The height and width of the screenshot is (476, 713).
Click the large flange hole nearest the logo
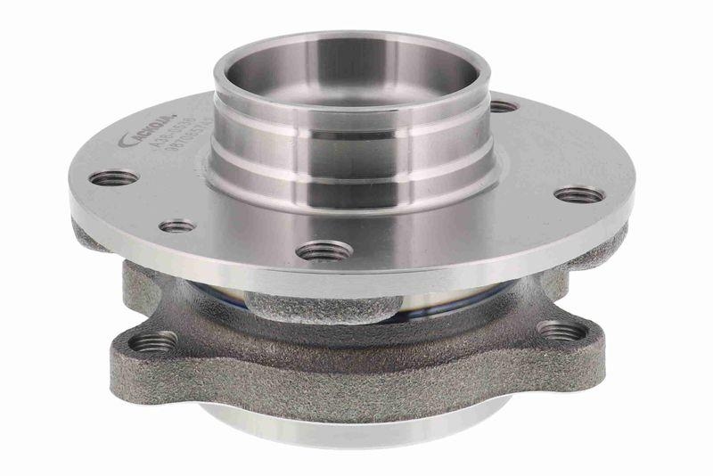114,177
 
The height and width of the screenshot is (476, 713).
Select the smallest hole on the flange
177,226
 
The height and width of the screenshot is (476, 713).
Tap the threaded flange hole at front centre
323,251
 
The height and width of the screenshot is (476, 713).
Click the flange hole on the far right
578,194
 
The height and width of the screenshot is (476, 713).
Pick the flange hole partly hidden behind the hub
504,106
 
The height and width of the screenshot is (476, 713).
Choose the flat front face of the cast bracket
356,374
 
